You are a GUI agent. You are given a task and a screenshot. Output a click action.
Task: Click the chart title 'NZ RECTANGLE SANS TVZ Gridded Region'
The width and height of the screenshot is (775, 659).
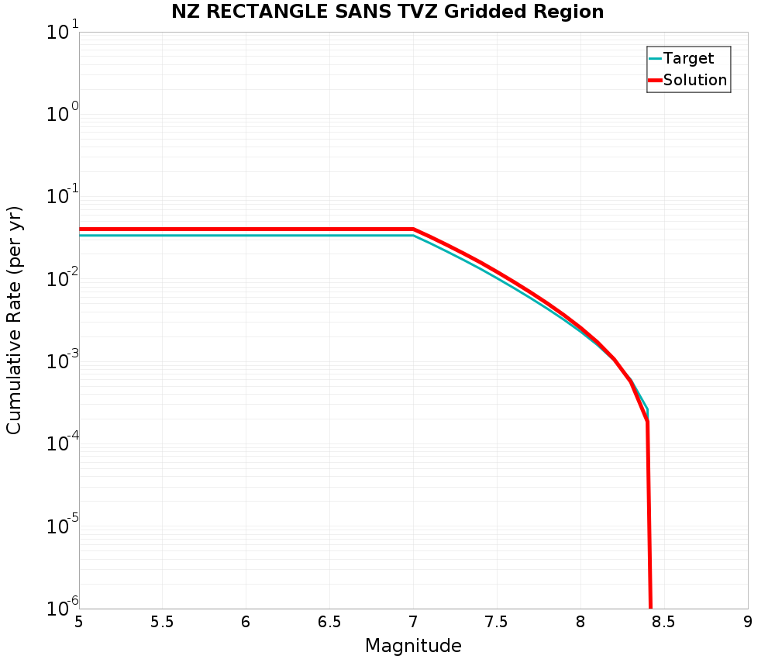(x=387, y=12)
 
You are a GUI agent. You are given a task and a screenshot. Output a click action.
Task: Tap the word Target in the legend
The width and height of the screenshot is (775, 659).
(x=688, y=58)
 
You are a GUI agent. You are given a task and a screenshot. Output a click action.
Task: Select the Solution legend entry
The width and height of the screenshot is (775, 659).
(x=695, y=80)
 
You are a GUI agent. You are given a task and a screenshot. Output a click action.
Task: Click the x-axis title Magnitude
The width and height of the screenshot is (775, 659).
(x=413, y=646)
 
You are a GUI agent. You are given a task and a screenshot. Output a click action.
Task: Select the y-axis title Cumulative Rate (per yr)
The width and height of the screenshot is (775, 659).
(x=14, y=320)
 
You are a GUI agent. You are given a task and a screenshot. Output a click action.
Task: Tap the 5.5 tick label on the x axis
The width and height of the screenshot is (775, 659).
(x=162, y=623)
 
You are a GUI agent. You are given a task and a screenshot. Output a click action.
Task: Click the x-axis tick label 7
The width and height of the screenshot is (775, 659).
(x=413, y=623)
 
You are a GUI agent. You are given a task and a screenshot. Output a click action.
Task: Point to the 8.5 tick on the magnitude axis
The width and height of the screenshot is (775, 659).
(x=663, y=623)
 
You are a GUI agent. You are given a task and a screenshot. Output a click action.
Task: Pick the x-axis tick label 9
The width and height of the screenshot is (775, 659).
(x=747, y=623)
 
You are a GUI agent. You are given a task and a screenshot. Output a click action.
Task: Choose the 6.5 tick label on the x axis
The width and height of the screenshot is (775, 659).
(x=329, y=623)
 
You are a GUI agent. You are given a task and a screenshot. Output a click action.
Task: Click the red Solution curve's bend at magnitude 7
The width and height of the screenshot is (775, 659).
(x=413, y=229)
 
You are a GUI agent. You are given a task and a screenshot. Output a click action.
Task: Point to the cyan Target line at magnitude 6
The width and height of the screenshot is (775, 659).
(x=246, y=235)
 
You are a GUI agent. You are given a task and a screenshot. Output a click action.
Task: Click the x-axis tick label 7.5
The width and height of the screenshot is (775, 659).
(x=496, y=623)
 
